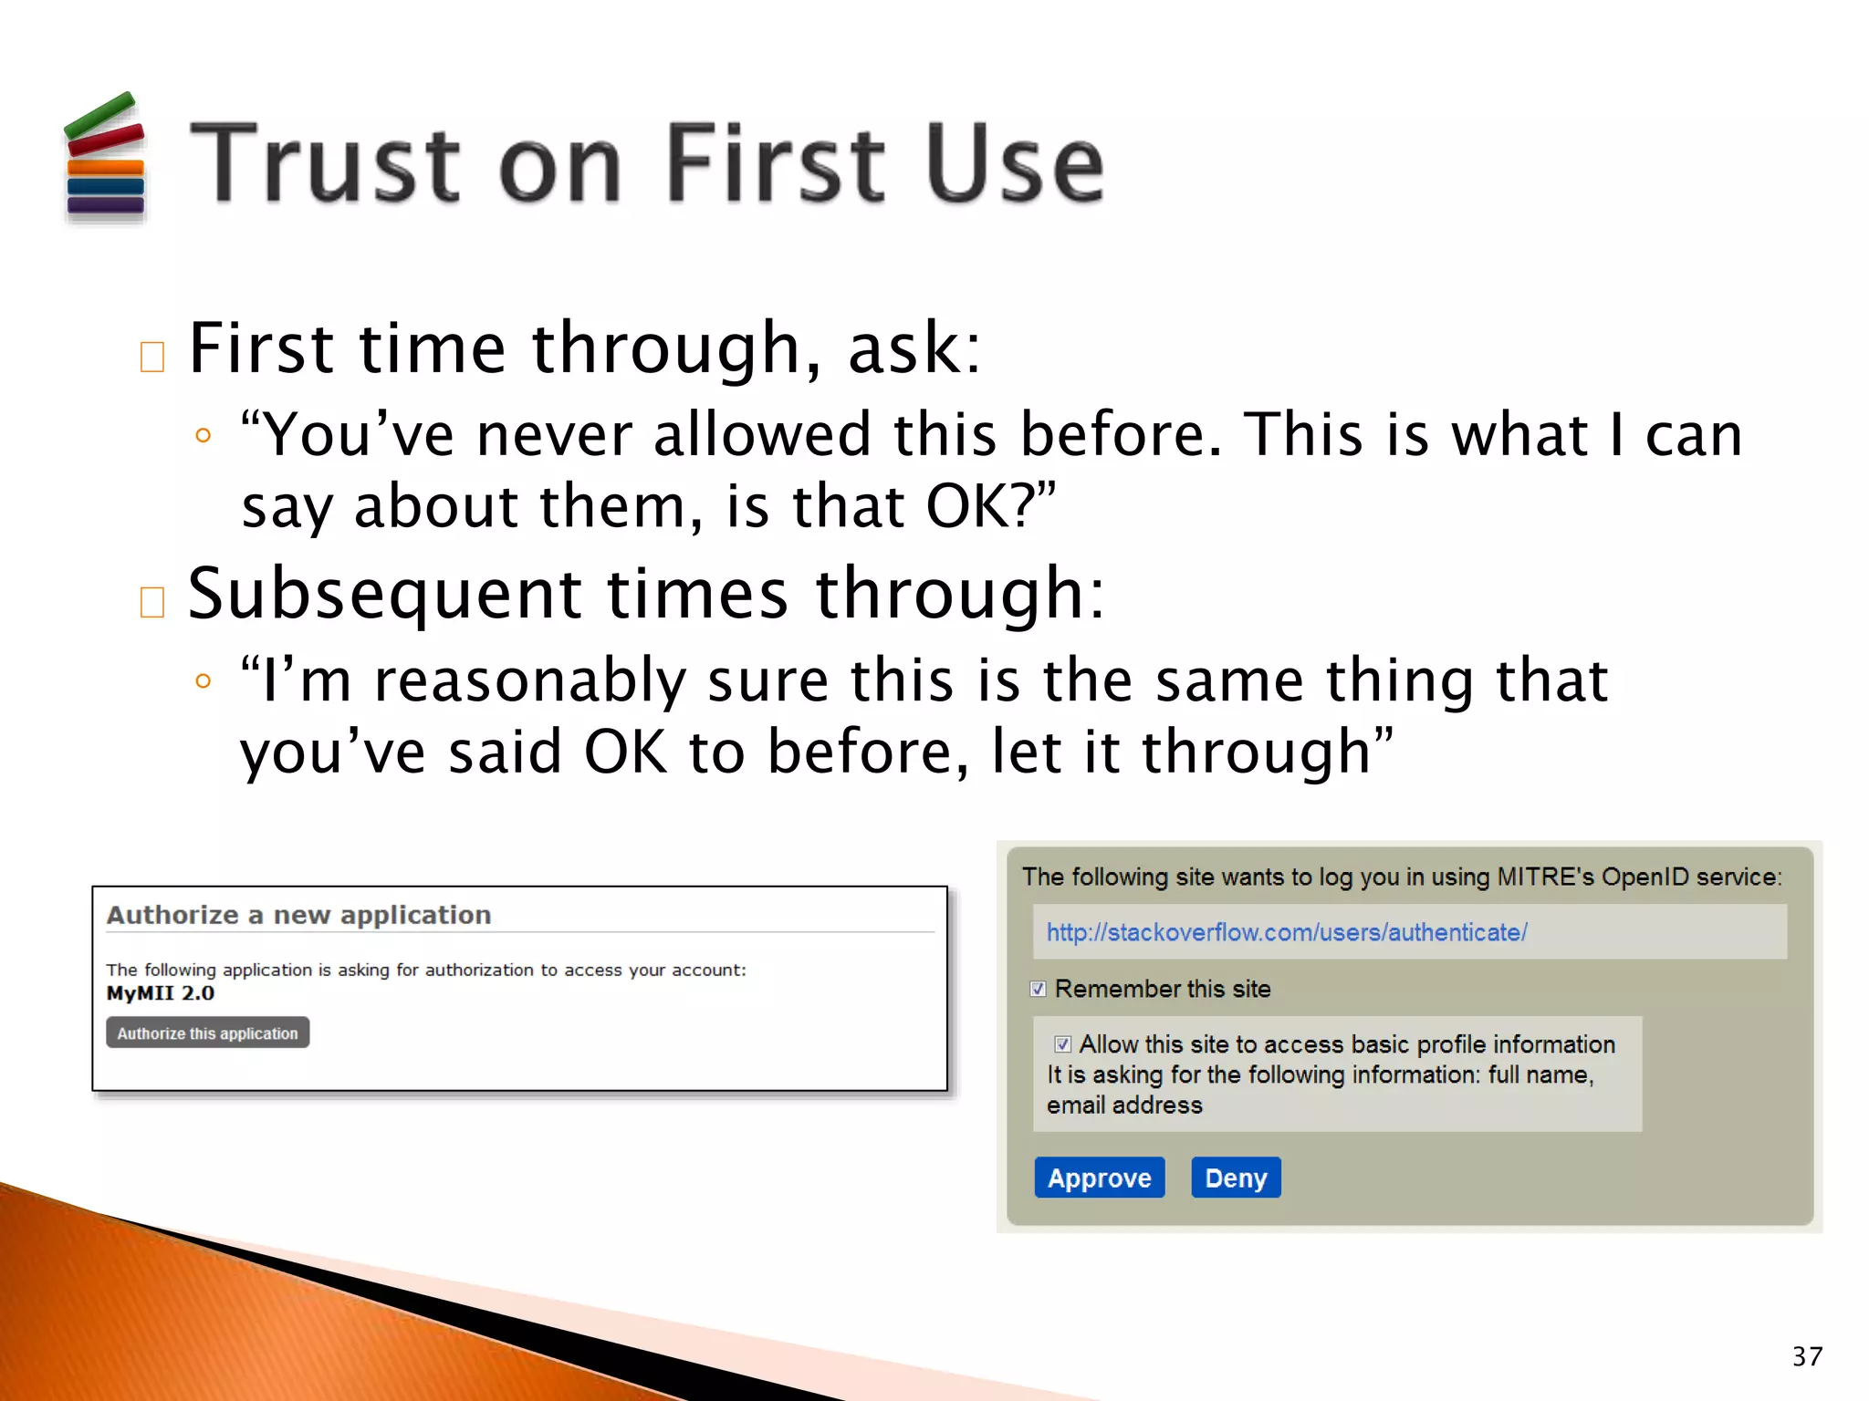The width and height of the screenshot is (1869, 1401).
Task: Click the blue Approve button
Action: coord(1099,1178)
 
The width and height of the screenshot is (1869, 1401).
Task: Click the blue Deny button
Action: coord(1236,1178)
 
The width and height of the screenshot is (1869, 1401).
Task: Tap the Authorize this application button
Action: coord(207,1033)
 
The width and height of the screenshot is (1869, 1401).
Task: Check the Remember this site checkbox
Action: coord(1038,989)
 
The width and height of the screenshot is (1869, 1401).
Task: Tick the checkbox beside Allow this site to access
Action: coord(1062,1044)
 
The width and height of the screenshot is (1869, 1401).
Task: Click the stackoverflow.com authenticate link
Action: coord(1286,932)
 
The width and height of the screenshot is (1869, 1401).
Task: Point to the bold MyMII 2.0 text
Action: coord(161,993)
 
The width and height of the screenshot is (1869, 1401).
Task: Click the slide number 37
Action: coord(1807,1356)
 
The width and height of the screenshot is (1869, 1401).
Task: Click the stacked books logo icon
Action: coord(105,157)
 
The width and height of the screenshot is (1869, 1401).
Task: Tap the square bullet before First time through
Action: coord(152,357)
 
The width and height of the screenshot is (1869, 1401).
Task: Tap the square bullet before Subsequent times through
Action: coord(152,602)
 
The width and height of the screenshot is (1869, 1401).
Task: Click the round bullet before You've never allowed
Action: coord(204,436)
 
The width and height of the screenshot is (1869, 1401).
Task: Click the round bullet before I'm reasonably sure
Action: coord(204,681)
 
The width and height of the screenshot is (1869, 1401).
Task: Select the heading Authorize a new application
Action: coord(298,915)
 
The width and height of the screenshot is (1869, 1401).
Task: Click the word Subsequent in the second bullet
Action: coord(383,594)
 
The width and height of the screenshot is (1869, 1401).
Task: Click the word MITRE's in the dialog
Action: coord(1546,877)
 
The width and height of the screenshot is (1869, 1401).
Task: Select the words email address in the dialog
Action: coord(1124,1105)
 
